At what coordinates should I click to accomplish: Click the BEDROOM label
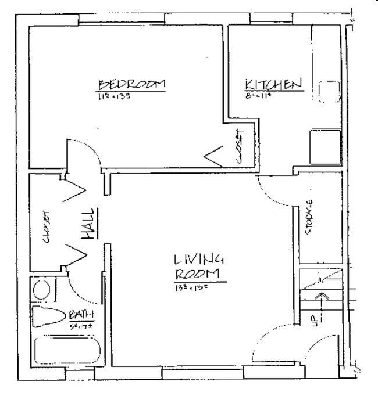(131, 85)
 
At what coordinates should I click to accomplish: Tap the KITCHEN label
(273, 85)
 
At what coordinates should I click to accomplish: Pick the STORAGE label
(309, 217)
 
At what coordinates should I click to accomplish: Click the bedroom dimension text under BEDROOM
(113, 96)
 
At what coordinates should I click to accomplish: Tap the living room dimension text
(191, 287)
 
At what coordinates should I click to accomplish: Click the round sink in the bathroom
(41, 289)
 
